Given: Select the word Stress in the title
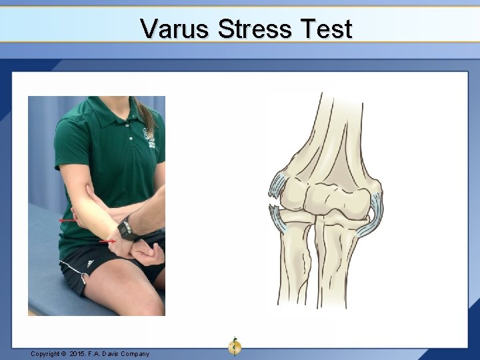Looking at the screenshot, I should pyautogui.click(x=251, y=29).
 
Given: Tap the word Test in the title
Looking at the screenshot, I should pyautogui.click(x=323, y=29).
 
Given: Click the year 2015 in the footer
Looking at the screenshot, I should pyautogui.click(x=79, y=353).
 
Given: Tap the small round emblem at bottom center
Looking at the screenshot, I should pyautogui.click(x=235, y=345).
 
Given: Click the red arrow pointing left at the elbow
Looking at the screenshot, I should pyautogui.click(x=67, y=220).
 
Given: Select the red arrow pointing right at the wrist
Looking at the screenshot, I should pyautogui.click(x=107, y=241).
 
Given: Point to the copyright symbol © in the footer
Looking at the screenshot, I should pyautogui.click(x=66, y=353).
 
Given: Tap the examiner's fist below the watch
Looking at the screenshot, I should pyautogui.click(x=149, y=252).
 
